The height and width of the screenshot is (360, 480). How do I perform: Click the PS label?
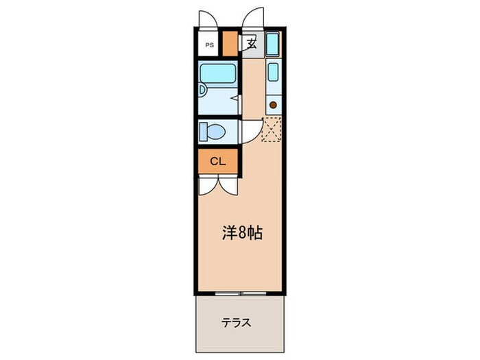coord(208,45)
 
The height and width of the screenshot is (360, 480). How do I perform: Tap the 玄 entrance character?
coord(251,45)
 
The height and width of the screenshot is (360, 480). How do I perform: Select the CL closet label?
coord(218,162)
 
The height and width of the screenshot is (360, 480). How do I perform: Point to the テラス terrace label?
coord(235,322)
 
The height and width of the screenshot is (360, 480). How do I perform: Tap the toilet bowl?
coord(216,131)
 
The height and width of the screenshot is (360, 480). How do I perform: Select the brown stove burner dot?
coord(273,105)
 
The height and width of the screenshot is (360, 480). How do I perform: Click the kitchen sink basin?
coord(273,72)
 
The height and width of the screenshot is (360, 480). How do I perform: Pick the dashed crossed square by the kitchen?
coord(272,129)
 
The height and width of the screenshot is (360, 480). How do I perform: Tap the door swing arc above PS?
coord(207,19)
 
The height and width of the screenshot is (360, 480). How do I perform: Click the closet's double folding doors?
coord(218,185)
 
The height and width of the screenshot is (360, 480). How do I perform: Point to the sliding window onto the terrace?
coord(240,293)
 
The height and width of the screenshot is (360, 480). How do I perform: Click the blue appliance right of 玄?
coord(272,45)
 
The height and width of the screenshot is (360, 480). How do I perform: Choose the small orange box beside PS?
coord(229,43)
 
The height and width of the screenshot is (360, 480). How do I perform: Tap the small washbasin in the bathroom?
coord(202,90)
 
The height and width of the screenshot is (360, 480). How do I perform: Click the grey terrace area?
coord(240,336)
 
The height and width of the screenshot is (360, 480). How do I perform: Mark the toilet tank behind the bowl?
coord(203,130)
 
